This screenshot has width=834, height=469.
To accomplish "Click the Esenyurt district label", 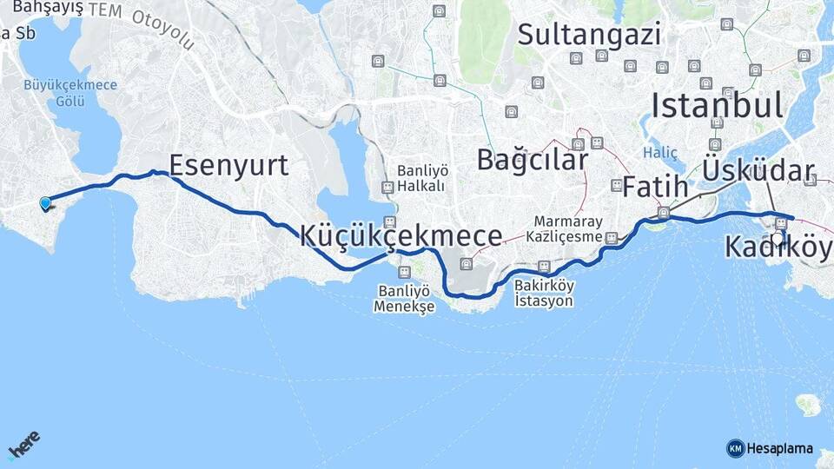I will pos(228,165).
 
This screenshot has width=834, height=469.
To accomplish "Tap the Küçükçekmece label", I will pos(400,235).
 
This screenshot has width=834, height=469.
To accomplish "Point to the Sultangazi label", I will pos(589,34).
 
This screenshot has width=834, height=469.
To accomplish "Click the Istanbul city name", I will pos(717,105).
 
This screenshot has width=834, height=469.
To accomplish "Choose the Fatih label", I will pos(654,186).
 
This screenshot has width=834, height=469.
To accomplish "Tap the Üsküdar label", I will pos(759,170).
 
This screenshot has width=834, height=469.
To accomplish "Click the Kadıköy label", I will pos(778,248).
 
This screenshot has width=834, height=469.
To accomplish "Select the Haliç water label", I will pos(661,152).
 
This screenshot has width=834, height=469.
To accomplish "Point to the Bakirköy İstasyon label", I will pos(544,292).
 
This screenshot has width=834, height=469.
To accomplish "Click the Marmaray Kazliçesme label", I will pos(568,228).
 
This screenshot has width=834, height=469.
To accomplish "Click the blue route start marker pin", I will pos(45,203).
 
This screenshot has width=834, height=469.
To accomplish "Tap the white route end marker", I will pos(777,237).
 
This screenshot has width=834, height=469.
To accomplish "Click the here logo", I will pos(23,445).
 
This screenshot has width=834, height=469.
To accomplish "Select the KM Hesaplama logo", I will pos(770,448).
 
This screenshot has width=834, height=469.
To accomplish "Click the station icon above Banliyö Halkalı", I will pos(387,187).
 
